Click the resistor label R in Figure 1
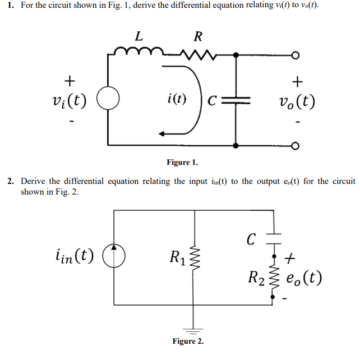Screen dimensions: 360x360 click(197, 37)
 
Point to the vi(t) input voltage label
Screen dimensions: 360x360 click(68, 101)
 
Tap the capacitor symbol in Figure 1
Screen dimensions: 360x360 click(236, 101)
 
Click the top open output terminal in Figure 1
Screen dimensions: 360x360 click(293, 55)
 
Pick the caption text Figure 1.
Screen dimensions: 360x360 click(182, 163)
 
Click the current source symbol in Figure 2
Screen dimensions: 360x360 click(114, 257)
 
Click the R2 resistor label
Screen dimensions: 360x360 click(257, 277)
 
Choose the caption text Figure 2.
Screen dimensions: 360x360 click(188, 341)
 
